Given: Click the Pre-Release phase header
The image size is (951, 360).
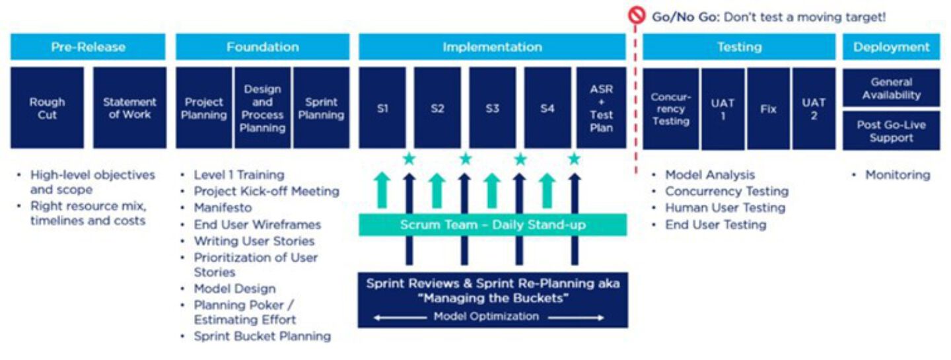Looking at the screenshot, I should click(88, 47).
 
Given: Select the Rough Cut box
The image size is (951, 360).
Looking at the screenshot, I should click(47, 108).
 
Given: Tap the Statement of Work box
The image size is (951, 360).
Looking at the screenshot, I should click(129, 108).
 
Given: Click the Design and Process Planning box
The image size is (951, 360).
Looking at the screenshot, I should click(262, 108).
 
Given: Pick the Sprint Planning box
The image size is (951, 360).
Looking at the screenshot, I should click(321, 108).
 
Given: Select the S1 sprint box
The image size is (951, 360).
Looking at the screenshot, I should click(382, 108).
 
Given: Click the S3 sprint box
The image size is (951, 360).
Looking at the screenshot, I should click(492, 108).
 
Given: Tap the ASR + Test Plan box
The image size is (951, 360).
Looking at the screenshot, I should click(601, 108).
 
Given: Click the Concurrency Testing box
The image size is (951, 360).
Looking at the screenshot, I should click(670, 109).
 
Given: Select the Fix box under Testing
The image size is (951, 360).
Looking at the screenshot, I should click(768, 109).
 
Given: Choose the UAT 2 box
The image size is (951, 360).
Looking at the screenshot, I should click(814, 109).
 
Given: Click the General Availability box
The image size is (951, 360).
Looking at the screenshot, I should click(891, 89).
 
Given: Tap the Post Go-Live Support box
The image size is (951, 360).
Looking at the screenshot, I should click(891, 131).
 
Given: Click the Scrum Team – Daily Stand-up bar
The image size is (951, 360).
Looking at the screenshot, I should click(492, 225).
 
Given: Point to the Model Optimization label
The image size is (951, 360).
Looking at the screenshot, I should click(486, 316).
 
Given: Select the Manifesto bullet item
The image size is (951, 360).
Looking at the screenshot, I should click(223, 207).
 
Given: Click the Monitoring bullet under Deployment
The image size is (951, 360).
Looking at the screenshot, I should click(898, 175).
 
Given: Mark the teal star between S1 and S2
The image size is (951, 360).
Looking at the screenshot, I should click(409, 159).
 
